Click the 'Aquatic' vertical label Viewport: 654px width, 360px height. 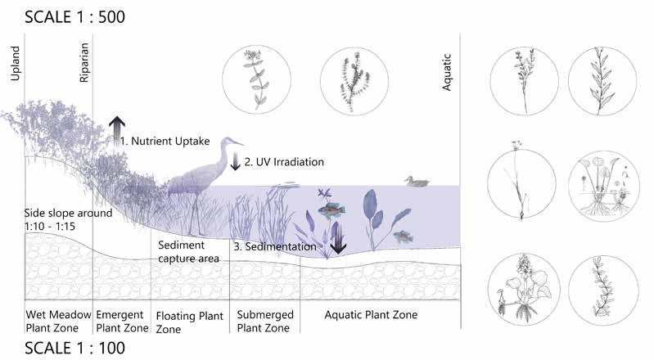[x=448, y=72]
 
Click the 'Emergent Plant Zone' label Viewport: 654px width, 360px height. [x=120, y=321]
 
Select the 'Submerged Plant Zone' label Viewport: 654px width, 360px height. [x=264, y=321]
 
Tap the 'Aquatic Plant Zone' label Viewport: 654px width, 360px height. [x=371, y=315]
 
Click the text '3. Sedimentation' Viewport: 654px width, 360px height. [x=274, y=245]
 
